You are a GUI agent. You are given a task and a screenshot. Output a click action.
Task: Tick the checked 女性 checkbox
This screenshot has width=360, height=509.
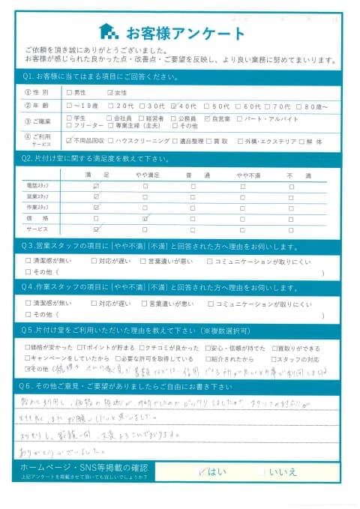click(110, 93)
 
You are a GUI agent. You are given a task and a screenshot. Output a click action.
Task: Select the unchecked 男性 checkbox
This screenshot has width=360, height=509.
click(70, 93)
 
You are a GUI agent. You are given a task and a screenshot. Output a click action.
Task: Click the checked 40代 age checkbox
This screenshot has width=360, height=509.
click(174, 106)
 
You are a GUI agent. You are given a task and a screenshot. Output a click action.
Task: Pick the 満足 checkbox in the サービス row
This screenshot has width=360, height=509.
click(96, 229)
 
